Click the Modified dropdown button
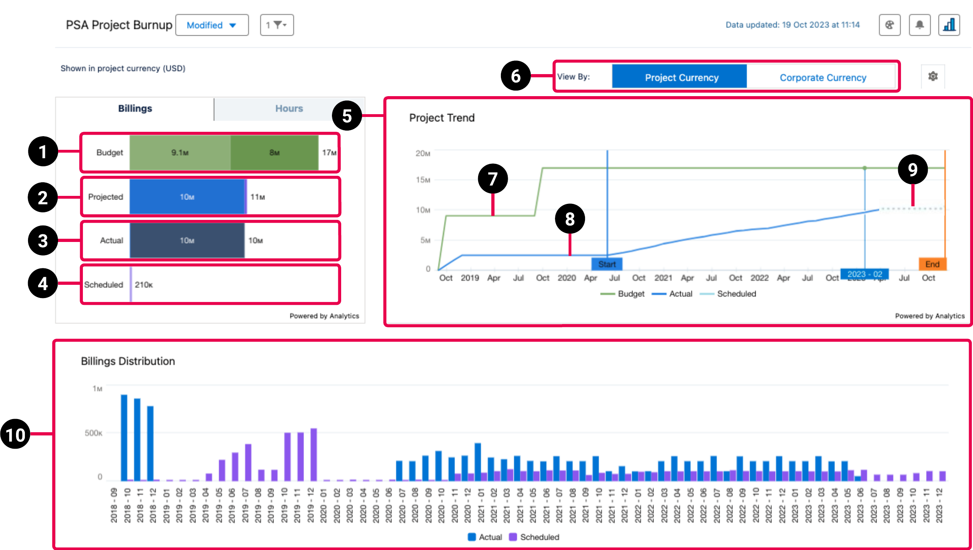coord(211,25)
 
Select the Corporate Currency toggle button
coord(822,77)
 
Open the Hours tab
coord(289,109)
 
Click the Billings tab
coord(135,109)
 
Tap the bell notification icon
coord(919,25)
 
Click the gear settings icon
coord(933,76)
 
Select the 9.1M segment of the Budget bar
coord(180,153)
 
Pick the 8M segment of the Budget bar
coord(274,153)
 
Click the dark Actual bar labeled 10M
coord(187,240)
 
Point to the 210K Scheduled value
coord(143,285)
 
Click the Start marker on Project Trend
coord(607,264)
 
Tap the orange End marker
coord(932,264)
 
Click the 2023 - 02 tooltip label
coord(864,274)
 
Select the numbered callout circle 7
coord(493,179)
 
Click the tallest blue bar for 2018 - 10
coord(124,437)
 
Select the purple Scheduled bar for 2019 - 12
coord(314,455)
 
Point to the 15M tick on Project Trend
coord(423,180)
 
